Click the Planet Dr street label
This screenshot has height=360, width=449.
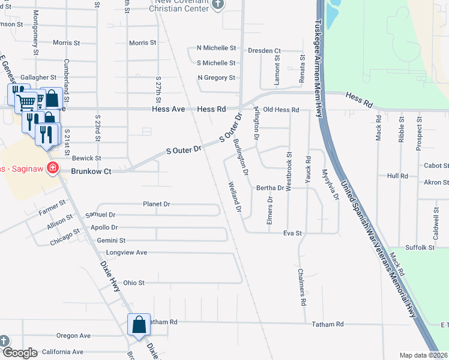pos(156,204)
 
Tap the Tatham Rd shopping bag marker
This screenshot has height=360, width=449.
pos(139,325)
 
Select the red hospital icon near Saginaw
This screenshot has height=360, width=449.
pos(53,167)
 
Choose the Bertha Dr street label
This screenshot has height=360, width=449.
pos(270,188)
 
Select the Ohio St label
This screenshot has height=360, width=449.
pos(134,283)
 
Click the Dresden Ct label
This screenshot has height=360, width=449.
pos(264,51)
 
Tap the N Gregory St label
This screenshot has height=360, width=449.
pos(216,77)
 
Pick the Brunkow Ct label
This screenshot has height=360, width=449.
pos(91,171)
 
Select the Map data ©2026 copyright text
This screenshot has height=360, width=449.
pos(423,355)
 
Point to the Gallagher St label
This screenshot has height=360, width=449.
pos(38,77)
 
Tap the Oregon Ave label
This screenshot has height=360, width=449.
pos(73,335)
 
